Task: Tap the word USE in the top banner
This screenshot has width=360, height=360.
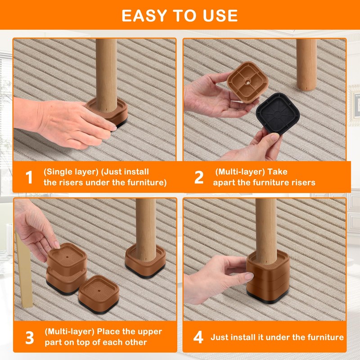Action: point(220,16)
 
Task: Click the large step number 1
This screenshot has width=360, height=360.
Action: point(29,177)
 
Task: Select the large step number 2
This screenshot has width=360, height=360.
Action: point(199,177)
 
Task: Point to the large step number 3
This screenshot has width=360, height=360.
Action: point(30,337)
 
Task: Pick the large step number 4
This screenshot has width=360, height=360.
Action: point(198,337)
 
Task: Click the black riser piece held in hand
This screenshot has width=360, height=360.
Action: point(278,114)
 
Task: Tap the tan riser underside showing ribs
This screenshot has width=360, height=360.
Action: point(247,82)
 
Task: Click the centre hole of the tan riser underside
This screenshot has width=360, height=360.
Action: point(247,81)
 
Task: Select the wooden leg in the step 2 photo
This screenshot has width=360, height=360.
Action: point(307,64)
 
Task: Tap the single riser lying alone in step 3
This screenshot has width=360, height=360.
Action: point(99,295)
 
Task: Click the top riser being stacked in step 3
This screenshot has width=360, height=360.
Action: point(67,257)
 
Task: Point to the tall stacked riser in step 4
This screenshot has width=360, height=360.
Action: point(268,277)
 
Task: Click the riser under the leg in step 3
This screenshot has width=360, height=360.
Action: point(145,261)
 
